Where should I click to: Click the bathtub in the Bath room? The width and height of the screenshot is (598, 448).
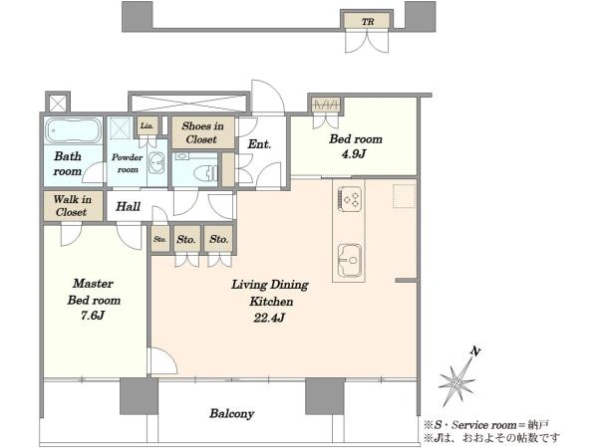click(73, 130)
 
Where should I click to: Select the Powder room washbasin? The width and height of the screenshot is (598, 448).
click(156, 163)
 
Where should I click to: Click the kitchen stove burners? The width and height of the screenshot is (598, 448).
click(350, 198)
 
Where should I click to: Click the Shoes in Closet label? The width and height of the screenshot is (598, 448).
click(202, 132)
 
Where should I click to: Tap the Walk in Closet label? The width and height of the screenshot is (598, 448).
click(73, 206)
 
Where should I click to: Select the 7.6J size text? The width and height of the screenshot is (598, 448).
click(93, 316)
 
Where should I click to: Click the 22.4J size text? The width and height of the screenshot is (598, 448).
click(269, 318)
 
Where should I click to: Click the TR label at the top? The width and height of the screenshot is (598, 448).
click(368, 22)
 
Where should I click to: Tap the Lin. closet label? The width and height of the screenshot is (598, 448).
click(147, 125)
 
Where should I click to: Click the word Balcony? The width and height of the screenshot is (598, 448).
click(232, 414)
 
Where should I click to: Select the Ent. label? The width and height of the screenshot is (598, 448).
click(259, 144)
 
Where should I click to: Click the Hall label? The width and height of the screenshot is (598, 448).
click(128, 206)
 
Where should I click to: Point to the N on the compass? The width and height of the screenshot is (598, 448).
click(475, 351)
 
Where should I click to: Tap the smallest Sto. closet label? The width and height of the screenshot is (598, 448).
click(159, 239)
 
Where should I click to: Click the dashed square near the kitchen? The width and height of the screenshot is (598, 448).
click(405, 196)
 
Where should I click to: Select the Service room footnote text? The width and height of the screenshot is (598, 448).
click(486, 425)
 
